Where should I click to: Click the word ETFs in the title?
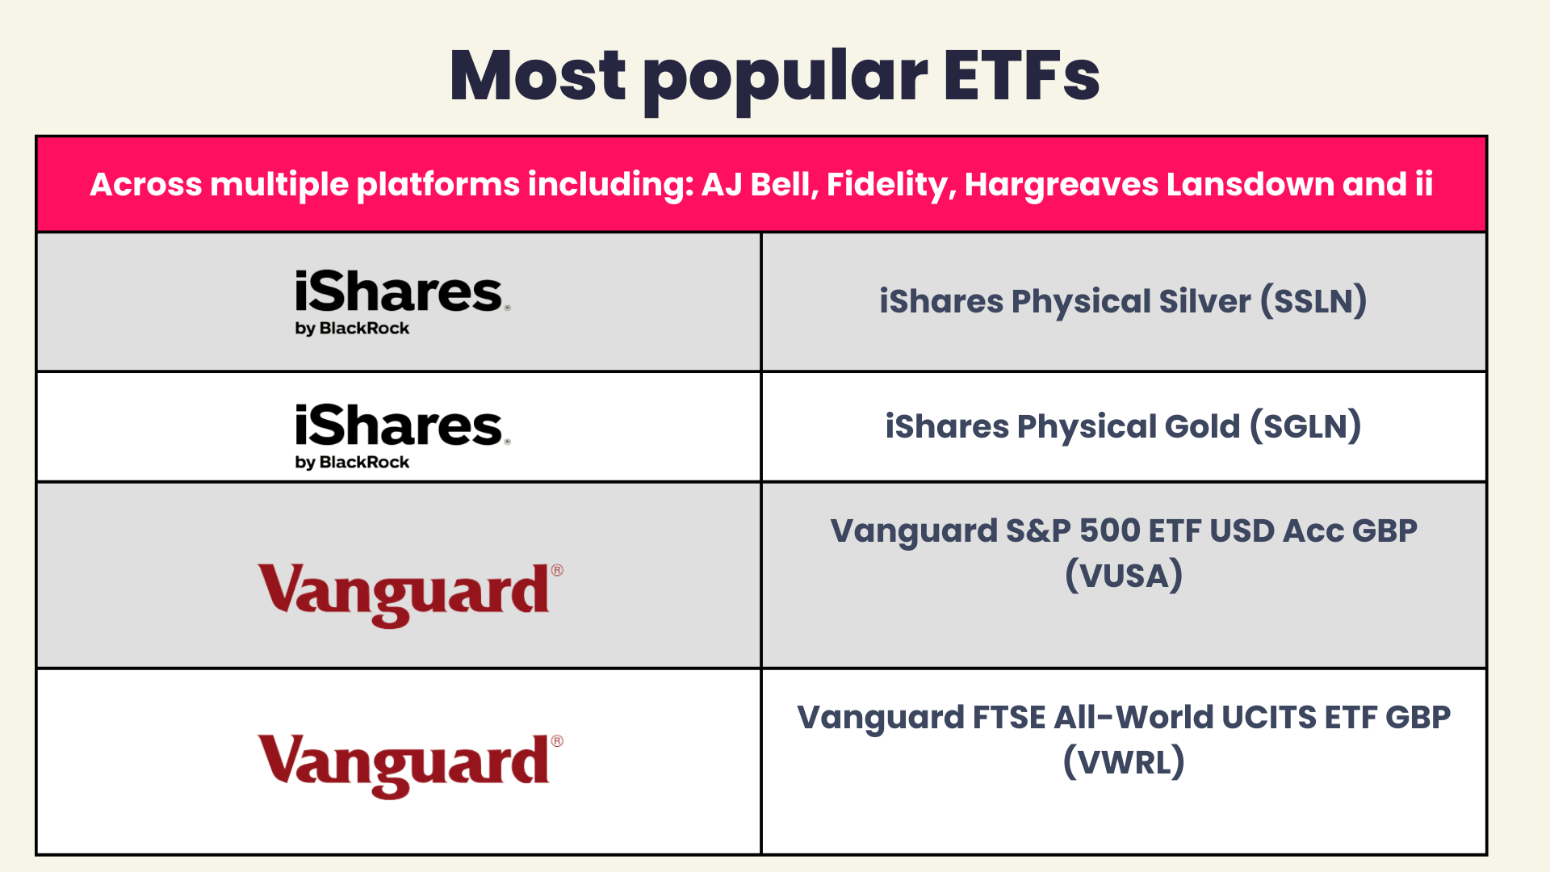click(1021, 76)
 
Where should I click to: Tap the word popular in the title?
click(785, 81)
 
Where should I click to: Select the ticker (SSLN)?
click(1314, 301)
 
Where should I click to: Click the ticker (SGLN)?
click(1305, 426)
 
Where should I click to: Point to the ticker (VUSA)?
click(1124, 576)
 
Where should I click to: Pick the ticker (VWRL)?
click(1124, 761)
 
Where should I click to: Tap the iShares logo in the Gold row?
click(402, 437)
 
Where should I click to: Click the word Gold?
click(1204, 426)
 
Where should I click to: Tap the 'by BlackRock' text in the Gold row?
click(352, 463)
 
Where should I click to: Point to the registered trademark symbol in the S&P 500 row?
click(557, 570)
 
